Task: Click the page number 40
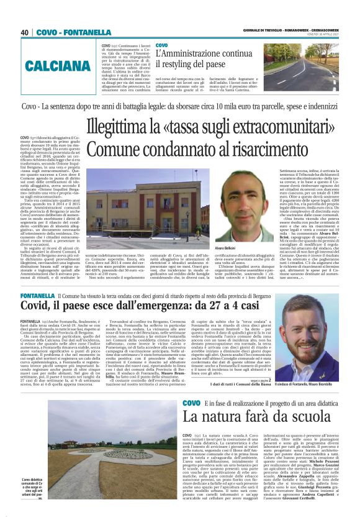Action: pos(25,32)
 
